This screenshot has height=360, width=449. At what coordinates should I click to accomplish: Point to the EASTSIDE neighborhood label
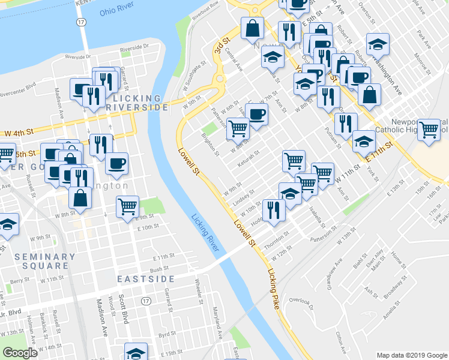click(x=145, y=279)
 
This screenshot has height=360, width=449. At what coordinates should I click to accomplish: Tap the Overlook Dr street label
click(x=301, y=301)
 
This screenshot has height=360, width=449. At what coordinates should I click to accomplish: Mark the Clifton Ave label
click(x=341, y=341)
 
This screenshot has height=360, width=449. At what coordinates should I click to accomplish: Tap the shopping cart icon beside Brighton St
click(x=238, y=127)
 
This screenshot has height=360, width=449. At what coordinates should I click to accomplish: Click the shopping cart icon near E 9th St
click(x=127, y=206)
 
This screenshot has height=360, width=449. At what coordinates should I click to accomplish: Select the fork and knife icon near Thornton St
click(x=272, y=210)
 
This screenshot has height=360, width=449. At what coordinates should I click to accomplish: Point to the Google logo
click(x=20, y=353)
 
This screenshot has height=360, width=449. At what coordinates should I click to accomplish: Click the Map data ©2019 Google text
click(x=411, y=355)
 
